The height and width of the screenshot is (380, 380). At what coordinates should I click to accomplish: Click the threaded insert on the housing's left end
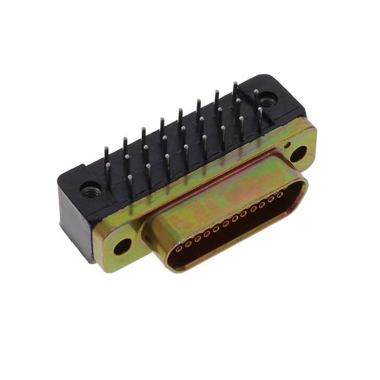[91, 191]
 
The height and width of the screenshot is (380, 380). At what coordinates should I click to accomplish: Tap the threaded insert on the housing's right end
[267, 102]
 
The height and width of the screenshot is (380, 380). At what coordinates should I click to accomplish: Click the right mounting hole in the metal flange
[298, 154]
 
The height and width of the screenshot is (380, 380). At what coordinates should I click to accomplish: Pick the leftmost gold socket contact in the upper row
[189, 242]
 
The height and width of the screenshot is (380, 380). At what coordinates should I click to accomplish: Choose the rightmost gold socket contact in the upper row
[280, 194]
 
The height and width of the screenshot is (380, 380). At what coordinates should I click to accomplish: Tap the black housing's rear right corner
[297, 98]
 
